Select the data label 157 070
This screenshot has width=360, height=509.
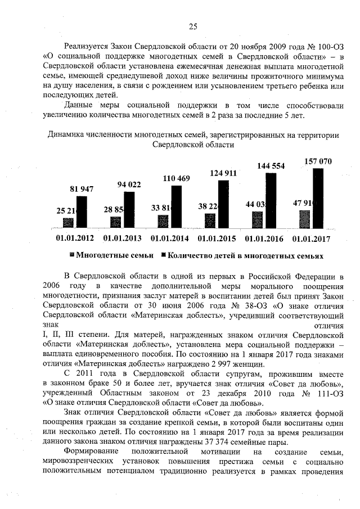(x=318, y=161)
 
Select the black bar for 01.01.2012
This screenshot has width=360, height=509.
(x=82, y=212)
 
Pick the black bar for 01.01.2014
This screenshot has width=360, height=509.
(x=177, y=206)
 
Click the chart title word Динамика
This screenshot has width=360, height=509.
(x=66, y=135)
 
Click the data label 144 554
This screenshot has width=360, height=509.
(x=271, y=166)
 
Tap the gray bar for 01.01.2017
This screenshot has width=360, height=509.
(x=304, y=219)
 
